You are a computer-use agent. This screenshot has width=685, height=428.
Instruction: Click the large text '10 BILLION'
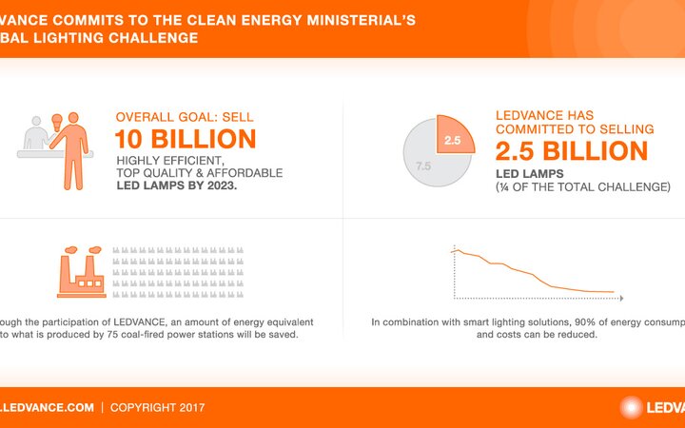pos(186,139)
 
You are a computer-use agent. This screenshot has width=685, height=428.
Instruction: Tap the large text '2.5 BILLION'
pos(571,150)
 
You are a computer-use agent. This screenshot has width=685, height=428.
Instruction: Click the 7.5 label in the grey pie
pos(423,165)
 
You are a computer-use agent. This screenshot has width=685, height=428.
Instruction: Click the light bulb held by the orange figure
pos(54,120)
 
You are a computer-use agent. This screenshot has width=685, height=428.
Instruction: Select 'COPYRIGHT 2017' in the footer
pos(157,407)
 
